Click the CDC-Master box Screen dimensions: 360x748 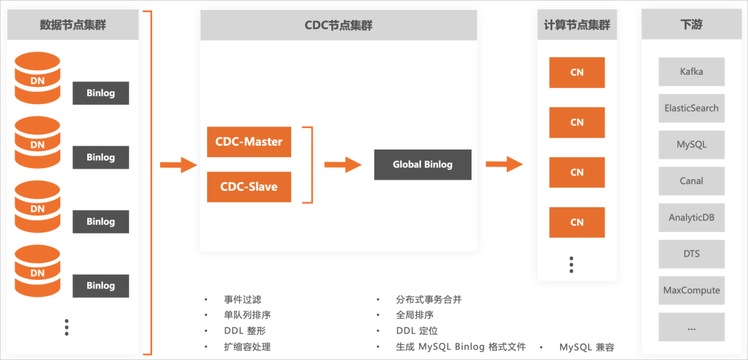pyautogui.click(x=249, y=142)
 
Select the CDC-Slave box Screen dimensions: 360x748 pyautogui.click(x=249, y=187)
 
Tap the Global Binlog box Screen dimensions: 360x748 pyautogui.click(x=423, y=164)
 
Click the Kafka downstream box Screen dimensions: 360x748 pyautogui.click(x=692, y=72)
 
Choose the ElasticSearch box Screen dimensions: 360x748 pyautogui.click(x=692, y=108)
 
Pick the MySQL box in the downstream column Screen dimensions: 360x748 pyautogui.click(x=692, y=145)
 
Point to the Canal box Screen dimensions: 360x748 pyautogui.click(x=692, y=181)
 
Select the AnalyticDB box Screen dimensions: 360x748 pyautogui.click(x=692, y=217)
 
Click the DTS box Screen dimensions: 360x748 pyautogui.click(x=692, y=254)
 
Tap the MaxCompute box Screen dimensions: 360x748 pyautogui.click(x=692, y=290)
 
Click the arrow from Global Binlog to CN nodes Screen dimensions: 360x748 pyautogui.click(x=504, y=164)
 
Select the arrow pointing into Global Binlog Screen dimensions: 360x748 pyautogui.click(x=343, y=164)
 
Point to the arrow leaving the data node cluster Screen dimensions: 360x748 pyautogui.click(x=178, y=164)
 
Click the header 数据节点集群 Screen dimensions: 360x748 pyautogui.click(x=73, y=25)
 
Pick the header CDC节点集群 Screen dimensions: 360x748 pyautogui.click(x=338, y=25)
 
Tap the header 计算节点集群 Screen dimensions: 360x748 pyautogui.click(x=577, y=25)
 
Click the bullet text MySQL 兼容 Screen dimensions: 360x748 pyautogui.click(x=587, y=347)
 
